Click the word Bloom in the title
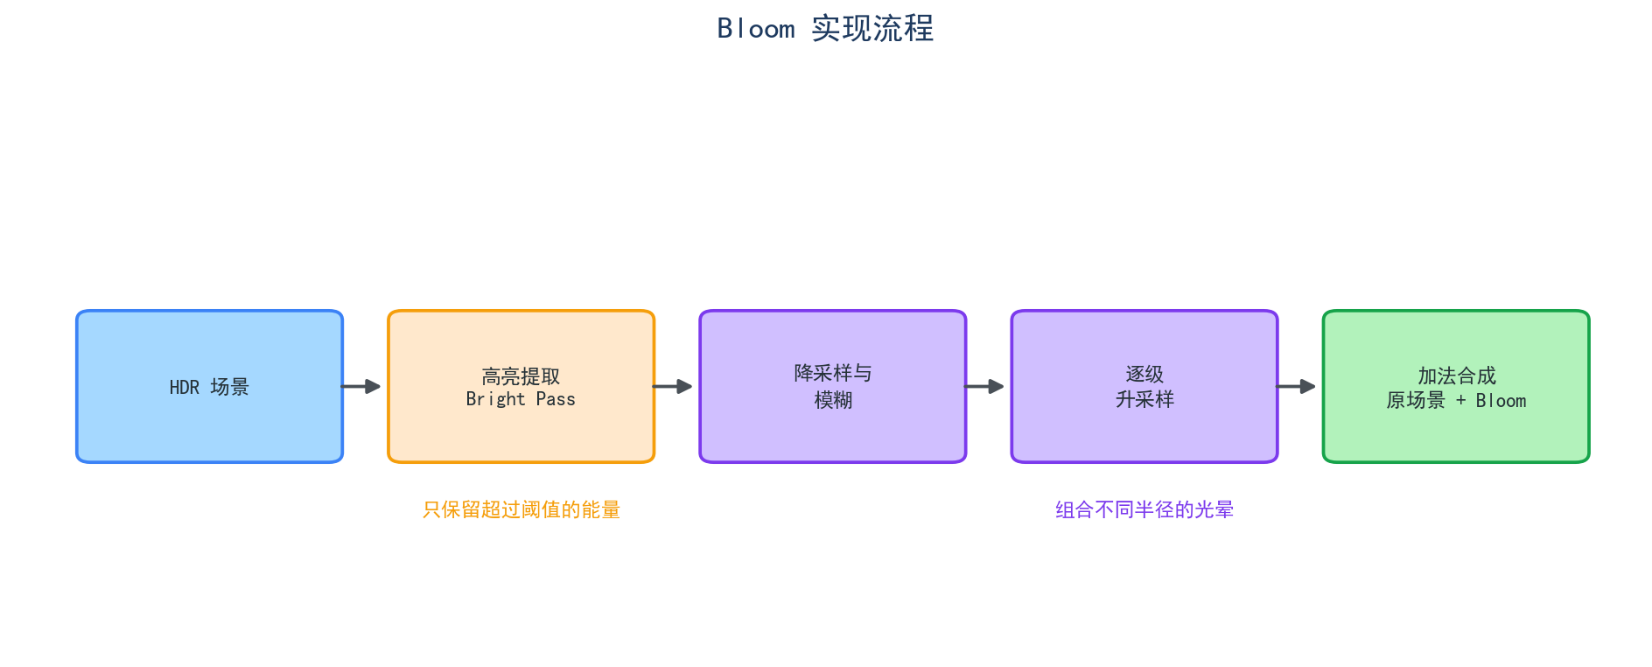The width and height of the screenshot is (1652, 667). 756,29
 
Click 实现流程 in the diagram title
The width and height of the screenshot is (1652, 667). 872,29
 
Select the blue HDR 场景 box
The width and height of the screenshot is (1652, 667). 210,386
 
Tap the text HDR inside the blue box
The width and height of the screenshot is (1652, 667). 185,387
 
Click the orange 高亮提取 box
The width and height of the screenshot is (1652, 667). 521,386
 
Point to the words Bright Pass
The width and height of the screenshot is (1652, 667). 521,399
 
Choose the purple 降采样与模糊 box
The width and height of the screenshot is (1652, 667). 833,386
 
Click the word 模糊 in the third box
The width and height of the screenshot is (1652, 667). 833,400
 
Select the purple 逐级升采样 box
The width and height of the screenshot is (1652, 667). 1144,386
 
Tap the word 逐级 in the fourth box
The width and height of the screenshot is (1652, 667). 1144,374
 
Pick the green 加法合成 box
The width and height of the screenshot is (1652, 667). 1456,386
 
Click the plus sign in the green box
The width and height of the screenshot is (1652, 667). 1460,400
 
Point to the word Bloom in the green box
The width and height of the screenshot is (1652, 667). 1501,400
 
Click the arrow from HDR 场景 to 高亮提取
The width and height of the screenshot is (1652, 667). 360,386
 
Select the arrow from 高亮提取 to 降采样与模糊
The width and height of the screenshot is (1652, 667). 672,386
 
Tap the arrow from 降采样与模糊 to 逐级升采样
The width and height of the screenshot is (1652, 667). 983,386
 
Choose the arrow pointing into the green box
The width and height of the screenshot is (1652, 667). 1295,386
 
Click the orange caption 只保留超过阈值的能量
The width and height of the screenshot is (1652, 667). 521,509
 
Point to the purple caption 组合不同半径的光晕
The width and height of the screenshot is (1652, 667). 1144,509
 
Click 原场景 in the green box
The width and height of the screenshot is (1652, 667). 1416,400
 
